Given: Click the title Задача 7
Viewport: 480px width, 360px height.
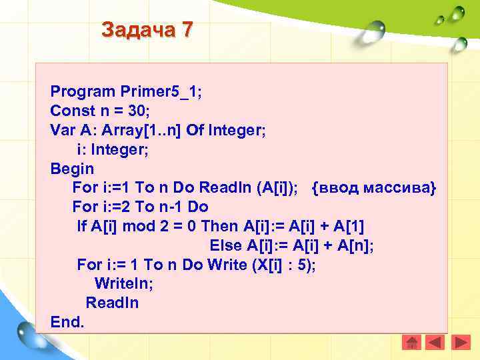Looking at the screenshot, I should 147,30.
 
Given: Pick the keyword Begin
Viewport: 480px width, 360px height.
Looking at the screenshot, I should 72,169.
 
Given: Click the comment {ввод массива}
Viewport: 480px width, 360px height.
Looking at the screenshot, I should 373,189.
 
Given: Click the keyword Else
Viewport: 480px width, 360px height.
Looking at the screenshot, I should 227,245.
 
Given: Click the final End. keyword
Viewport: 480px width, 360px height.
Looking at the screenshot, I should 67,322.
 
